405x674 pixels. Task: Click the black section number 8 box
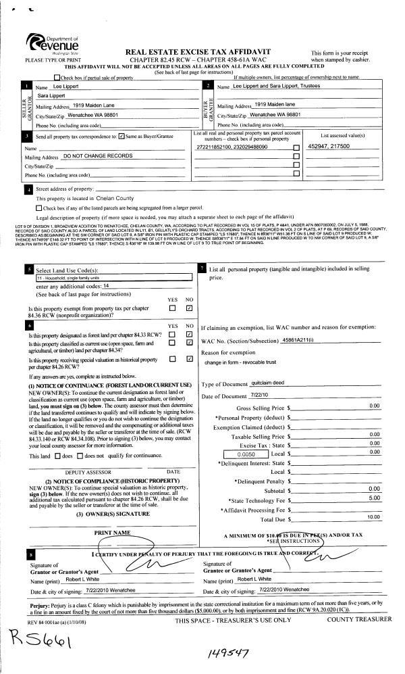tap(26, 556)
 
